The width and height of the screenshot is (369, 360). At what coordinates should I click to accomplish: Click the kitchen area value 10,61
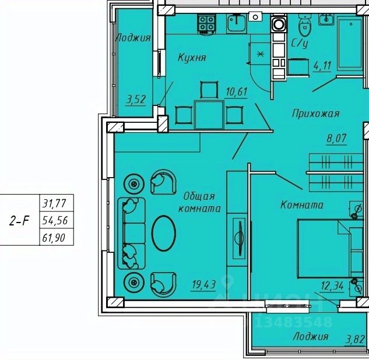pyautogui.click(x=237, y=91)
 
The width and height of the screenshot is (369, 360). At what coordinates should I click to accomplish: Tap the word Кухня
pyautogui.click(x=192, y=57)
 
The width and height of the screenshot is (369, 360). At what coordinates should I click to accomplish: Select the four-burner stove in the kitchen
pyautogui.click(x=207, y=24)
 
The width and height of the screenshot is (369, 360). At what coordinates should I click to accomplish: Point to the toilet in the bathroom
pyautogui.click(x=305, y=25)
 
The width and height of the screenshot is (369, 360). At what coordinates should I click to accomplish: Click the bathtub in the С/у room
pyautogui.click(x=350, y=43)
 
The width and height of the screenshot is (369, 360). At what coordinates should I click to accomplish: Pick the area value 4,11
pyautogui.click(x=322, y=66)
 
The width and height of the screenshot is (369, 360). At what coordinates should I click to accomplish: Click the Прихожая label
pyautogui.click(x=315, y=114)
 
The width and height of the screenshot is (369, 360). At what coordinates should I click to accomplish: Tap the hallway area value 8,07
pyautogui.click(x=336, y=138)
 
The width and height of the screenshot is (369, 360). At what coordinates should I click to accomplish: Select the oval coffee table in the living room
pyautogui.click(x=164, y=233)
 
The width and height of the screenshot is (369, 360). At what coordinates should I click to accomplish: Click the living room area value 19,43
pyautogui.click(x=204, y=284)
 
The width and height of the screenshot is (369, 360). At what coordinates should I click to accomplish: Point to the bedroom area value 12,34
pyautogui.click(x=332, y=286)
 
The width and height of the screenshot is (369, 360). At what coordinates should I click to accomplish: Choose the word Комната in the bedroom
pyautogui.click(x=302, y=205)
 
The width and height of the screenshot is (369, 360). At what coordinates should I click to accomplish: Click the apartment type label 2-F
pyautogui.click(x=19, y=221)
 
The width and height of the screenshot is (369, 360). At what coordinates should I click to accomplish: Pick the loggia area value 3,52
pyautogui.click(x=136, y=100)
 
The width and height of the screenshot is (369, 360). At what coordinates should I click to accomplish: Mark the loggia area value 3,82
pyautogui.click(x=355, y=340)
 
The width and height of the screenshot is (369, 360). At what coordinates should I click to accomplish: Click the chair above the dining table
pyautogui.click(x=209, y=90)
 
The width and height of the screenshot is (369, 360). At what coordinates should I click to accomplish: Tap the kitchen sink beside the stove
pyautogui.click(x=237, y=23)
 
